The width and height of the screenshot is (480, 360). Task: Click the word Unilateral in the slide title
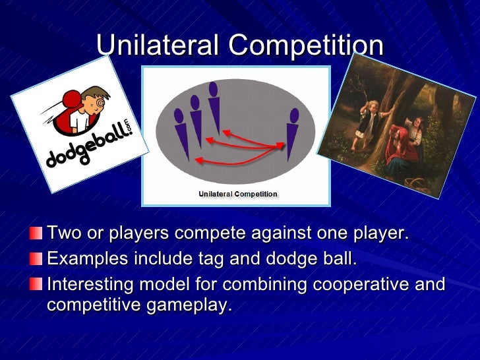(156, 45)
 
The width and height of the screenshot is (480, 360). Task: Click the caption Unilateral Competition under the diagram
(238, 195)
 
